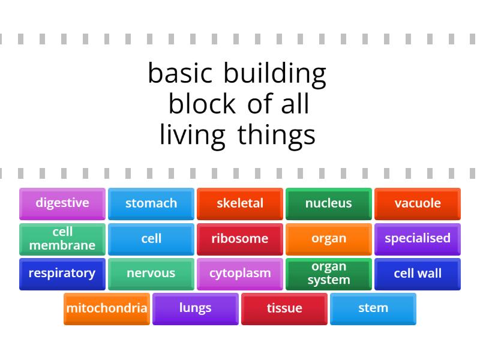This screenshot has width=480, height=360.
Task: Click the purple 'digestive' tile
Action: [62, 203]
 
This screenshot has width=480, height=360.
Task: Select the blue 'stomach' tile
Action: [151, 203]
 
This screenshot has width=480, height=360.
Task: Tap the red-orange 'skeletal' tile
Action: [240, 203]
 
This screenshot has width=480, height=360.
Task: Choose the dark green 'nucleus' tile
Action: [329, 203]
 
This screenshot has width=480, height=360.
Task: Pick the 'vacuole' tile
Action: [418, 203]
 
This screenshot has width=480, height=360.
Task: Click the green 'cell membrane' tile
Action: [62, 239]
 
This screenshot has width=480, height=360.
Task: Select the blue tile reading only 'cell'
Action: [151, 239]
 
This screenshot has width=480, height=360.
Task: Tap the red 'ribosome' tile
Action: [240, 239]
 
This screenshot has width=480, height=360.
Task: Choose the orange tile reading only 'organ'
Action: [329, 239]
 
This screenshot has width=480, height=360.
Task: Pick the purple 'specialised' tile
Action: [418, 239]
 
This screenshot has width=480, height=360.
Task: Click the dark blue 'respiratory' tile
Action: [62, 274]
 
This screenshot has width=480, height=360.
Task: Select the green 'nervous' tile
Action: [151, 274]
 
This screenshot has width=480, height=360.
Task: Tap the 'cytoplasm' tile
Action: [240, 274]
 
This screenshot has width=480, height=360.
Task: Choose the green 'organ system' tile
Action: [329, 274]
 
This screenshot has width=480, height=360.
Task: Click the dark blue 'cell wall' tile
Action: [418, 274]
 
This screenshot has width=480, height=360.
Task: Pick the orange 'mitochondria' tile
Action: [107, 308]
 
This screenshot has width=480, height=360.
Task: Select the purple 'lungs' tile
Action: [196, 308]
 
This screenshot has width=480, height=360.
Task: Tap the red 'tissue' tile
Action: [284, 308]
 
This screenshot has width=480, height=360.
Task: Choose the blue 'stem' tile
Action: [373, 308]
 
